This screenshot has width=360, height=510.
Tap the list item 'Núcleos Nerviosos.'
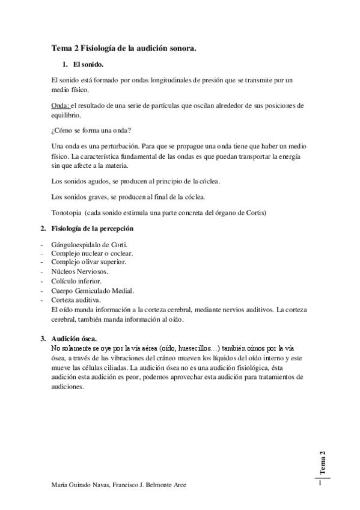[x=79, y=272]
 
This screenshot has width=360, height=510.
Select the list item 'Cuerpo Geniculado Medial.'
[x=91, y=290]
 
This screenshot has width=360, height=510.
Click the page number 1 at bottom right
[x=321, y=482]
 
